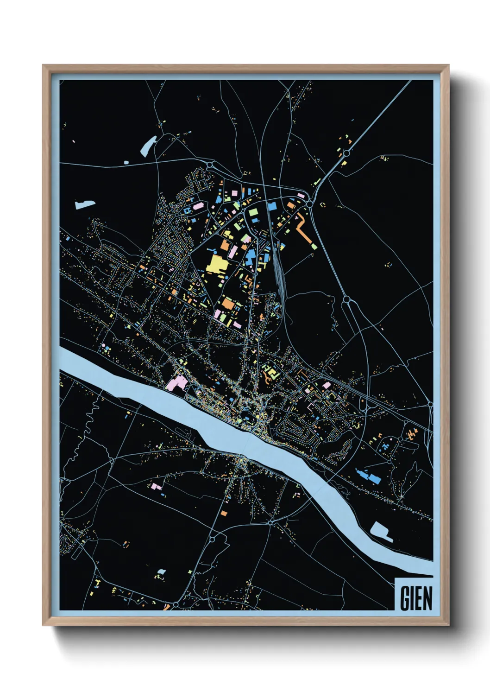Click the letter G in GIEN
tap(404, 598)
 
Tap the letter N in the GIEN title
tap(427, 598)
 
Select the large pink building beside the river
tap(176, 383)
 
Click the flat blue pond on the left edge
tap(85, 204)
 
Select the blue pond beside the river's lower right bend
tap(381, 531)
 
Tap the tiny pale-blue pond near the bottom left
tap(161, 572)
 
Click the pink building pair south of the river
tap(157, 487)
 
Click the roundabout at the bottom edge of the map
tap(176, 605)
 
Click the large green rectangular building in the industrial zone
tap(253, 213)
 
